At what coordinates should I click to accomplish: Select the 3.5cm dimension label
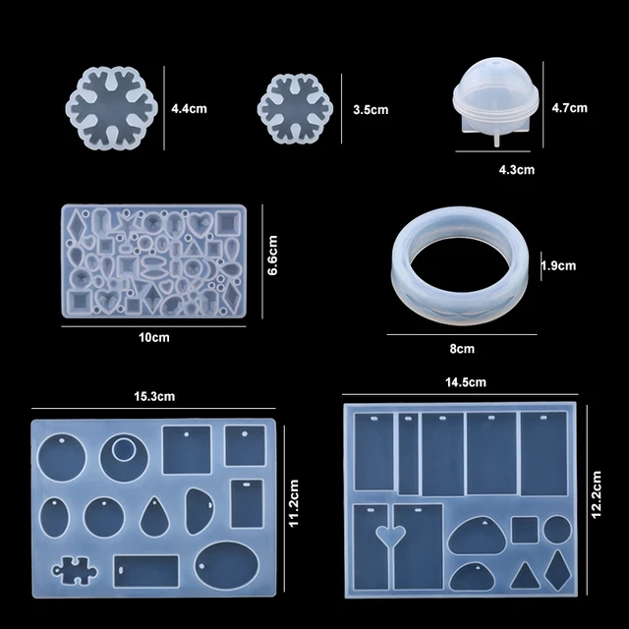(370, 110)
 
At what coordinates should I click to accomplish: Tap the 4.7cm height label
(569, 107)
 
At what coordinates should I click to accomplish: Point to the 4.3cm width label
(517, 170)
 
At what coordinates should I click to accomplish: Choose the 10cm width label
(153, 337)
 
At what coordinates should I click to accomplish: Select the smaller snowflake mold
(294, 107)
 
